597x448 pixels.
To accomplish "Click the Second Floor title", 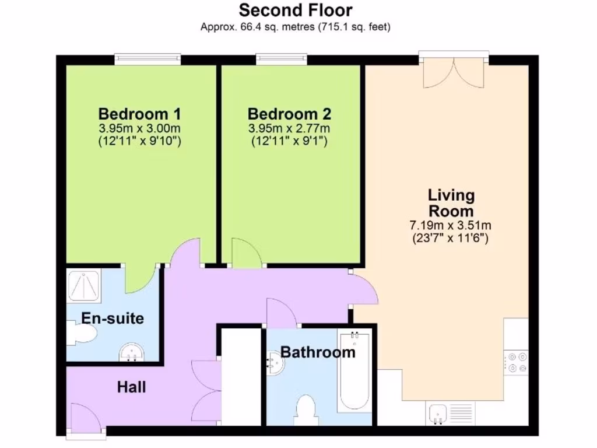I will coord(296,10).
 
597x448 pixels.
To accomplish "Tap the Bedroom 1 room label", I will coord(140,113).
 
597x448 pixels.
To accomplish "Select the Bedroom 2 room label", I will coord(290,113).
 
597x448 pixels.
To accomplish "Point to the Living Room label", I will coord(451,202).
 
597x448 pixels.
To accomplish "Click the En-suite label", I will coord(113,318).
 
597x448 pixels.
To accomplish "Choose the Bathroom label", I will coord(318,352).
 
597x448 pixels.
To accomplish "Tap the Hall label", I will coord(131,387).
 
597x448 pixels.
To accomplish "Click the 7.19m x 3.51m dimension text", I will coord(451,226).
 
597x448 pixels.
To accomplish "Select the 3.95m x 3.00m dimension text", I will coord(140,128).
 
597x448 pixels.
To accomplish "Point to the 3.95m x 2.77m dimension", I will coord(290,128).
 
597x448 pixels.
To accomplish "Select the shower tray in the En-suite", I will coord(85,286).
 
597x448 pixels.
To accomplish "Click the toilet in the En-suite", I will coord(80,334).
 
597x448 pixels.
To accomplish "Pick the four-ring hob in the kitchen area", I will coord(516,362).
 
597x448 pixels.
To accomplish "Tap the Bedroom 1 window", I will coord(148,58).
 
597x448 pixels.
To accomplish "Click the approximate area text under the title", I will coord(296,27).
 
